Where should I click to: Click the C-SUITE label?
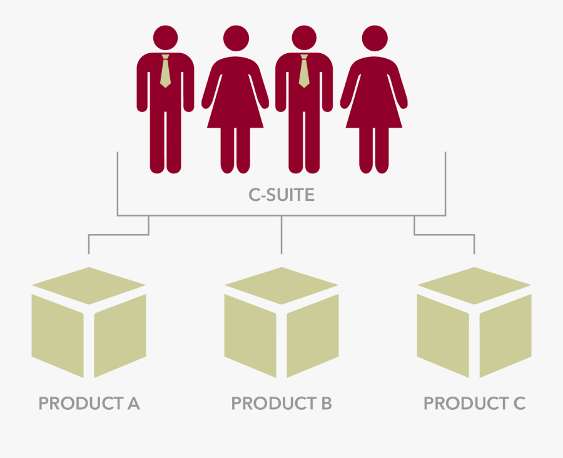281,195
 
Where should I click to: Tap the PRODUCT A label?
89,403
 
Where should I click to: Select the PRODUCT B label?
281,403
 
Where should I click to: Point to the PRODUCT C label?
474,403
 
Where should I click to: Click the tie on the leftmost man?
165,71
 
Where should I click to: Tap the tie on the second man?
304,71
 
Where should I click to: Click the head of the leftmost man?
165,38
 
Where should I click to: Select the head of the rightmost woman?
375,38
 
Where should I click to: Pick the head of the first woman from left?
236,38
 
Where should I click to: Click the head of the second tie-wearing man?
304,38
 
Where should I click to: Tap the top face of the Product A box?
89,285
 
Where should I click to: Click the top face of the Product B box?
281,285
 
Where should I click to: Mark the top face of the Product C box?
474,285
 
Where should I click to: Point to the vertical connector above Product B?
281,235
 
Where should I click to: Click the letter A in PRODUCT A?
134,403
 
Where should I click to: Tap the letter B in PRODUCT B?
327,403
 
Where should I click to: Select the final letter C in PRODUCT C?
519,403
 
